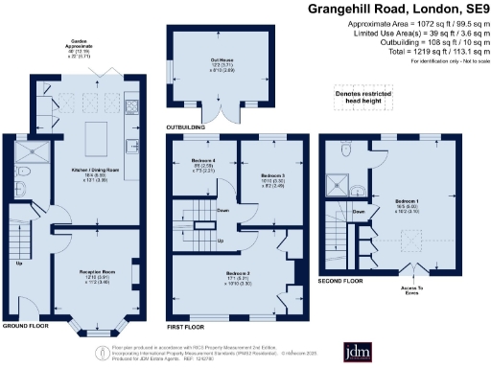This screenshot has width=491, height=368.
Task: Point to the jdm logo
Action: tap(434, 343)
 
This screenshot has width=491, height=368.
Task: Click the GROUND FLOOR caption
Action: tap(27, 325)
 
